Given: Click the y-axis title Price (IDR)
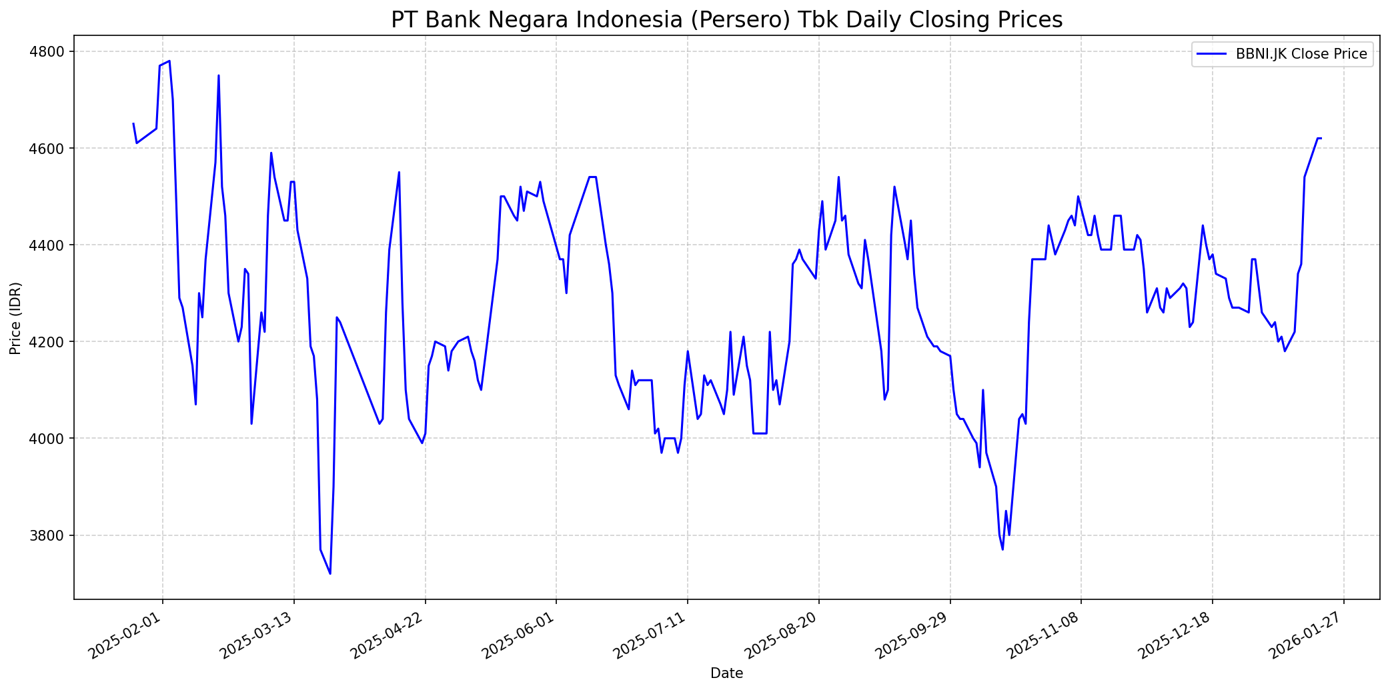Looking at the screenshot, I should (x=16, y=318).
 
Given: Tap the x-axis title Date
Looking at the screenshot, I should (x=726, y=673).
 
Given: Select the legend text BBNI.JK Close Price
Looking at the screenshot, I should (x=1301, y=54).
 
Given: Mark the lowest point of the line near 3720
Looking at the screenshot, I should (x=330, y=573).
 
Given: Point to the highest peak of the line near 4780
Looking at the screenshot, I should (x=169, y=61).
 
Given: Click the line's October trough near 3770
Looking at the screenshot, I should (x=1002, y=549).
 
